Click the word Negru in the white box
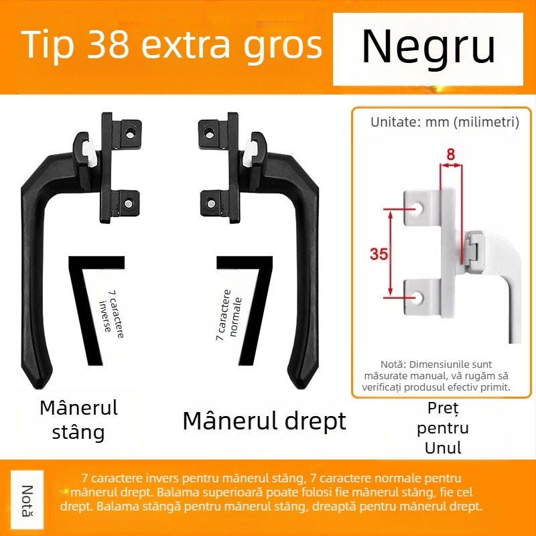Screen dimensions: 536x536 click(428, 46)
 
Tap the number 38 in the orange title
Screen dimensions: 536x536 click(108, 44)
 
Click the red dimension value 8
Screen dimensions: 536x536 click(450, 155)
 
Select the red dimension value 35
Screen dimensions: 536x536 click(379, 254)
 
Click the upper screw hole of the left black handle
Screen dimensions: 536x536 click(130, 133)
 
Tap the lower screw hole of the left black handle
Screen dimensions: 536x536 click(128, 204)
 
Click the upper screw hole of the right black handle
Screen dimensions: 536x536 click(209, 133)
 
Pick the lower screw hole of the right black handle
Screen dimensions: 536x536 click(211, 204)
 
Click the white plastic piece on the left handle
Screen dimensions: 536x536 click(88, 154)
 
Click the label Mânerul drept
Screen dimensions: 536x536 click(264, 421)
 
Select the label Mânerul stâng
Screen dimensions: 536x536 click(78, 420)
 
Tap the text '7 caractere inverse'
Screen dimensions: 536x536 click(111, 314)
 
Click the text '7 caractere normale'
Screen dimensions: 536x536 click(228, 315)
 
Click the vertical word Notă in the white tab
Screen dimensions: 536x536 click(27, 500)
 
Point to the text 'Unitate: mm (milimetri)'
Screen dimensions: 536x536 click(445, 122)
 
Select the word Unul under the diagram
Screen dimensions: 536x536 click(443, 448)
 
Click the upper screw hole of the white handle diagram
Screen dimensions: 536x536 click(417, 207)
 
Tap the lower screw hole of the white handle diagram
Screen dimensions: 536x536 click(417, 297)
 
